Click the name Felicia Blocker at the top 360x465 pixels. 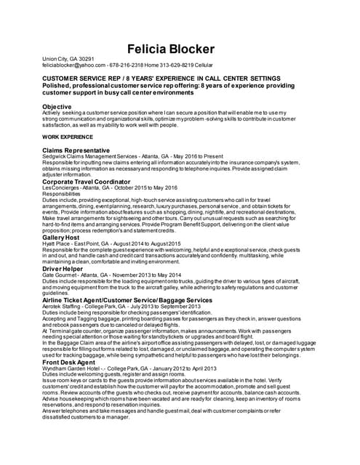pyautogui.click(x=171, y=49)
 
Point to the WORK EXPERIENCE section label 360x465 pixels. pyautogui.click(x=68, y=137)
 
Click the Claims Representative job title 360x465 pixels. pyautogui.click(x=76, y=150)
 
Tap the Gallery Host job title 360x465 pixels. pyautogui.click(x=61, y=238)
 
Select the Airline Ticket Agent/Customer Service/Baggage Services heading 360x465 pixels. pyautogui.click(x=127, y=299)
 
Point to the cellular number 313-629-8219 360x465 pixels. pyautogui.click(x=183, y=65)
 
